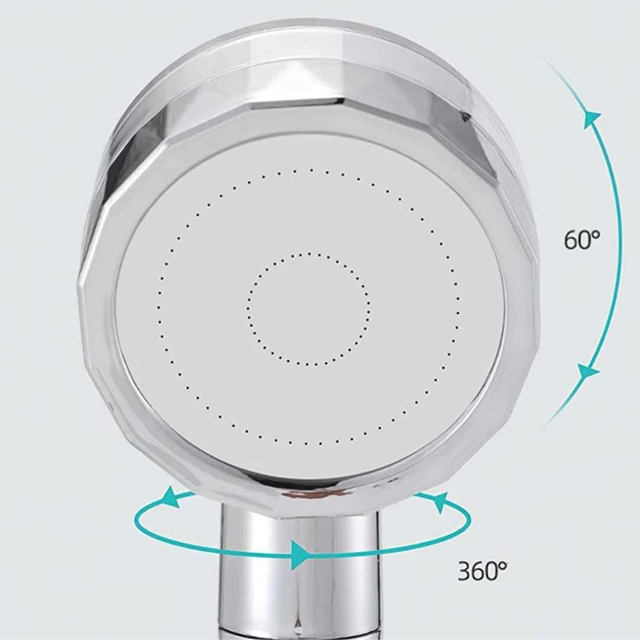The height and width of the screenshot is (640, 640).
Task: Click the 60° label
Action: point(582,240)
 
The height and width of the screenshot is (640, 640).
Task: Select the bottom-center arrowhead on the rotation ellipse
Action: point(301,556)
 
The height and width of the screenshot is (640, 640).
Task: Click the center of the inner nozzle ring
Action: point(309,309)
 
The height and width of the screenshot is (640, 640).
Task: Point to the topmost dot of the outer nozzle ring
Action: point(311,170)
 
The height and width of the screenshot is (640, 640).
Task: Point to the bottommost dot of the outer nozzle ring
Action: point(306,444)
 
